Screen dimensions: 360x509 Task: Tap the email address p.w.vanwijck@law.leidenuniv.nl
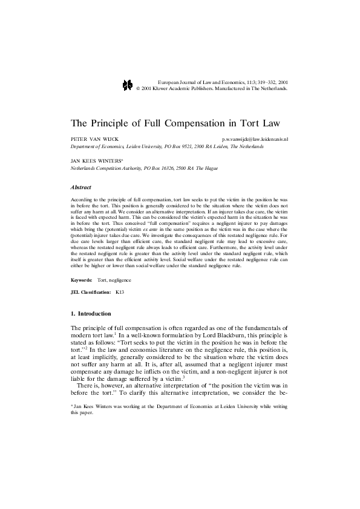(255, 139)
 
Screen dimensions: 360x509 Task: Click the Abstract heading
(81, 187)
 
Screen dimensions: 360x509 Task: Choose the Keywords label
(82, 280)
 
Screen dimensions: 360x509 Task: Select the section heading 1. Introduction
(91, 314)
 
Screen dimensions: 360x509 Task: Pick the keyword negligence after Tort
(120, 280)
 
